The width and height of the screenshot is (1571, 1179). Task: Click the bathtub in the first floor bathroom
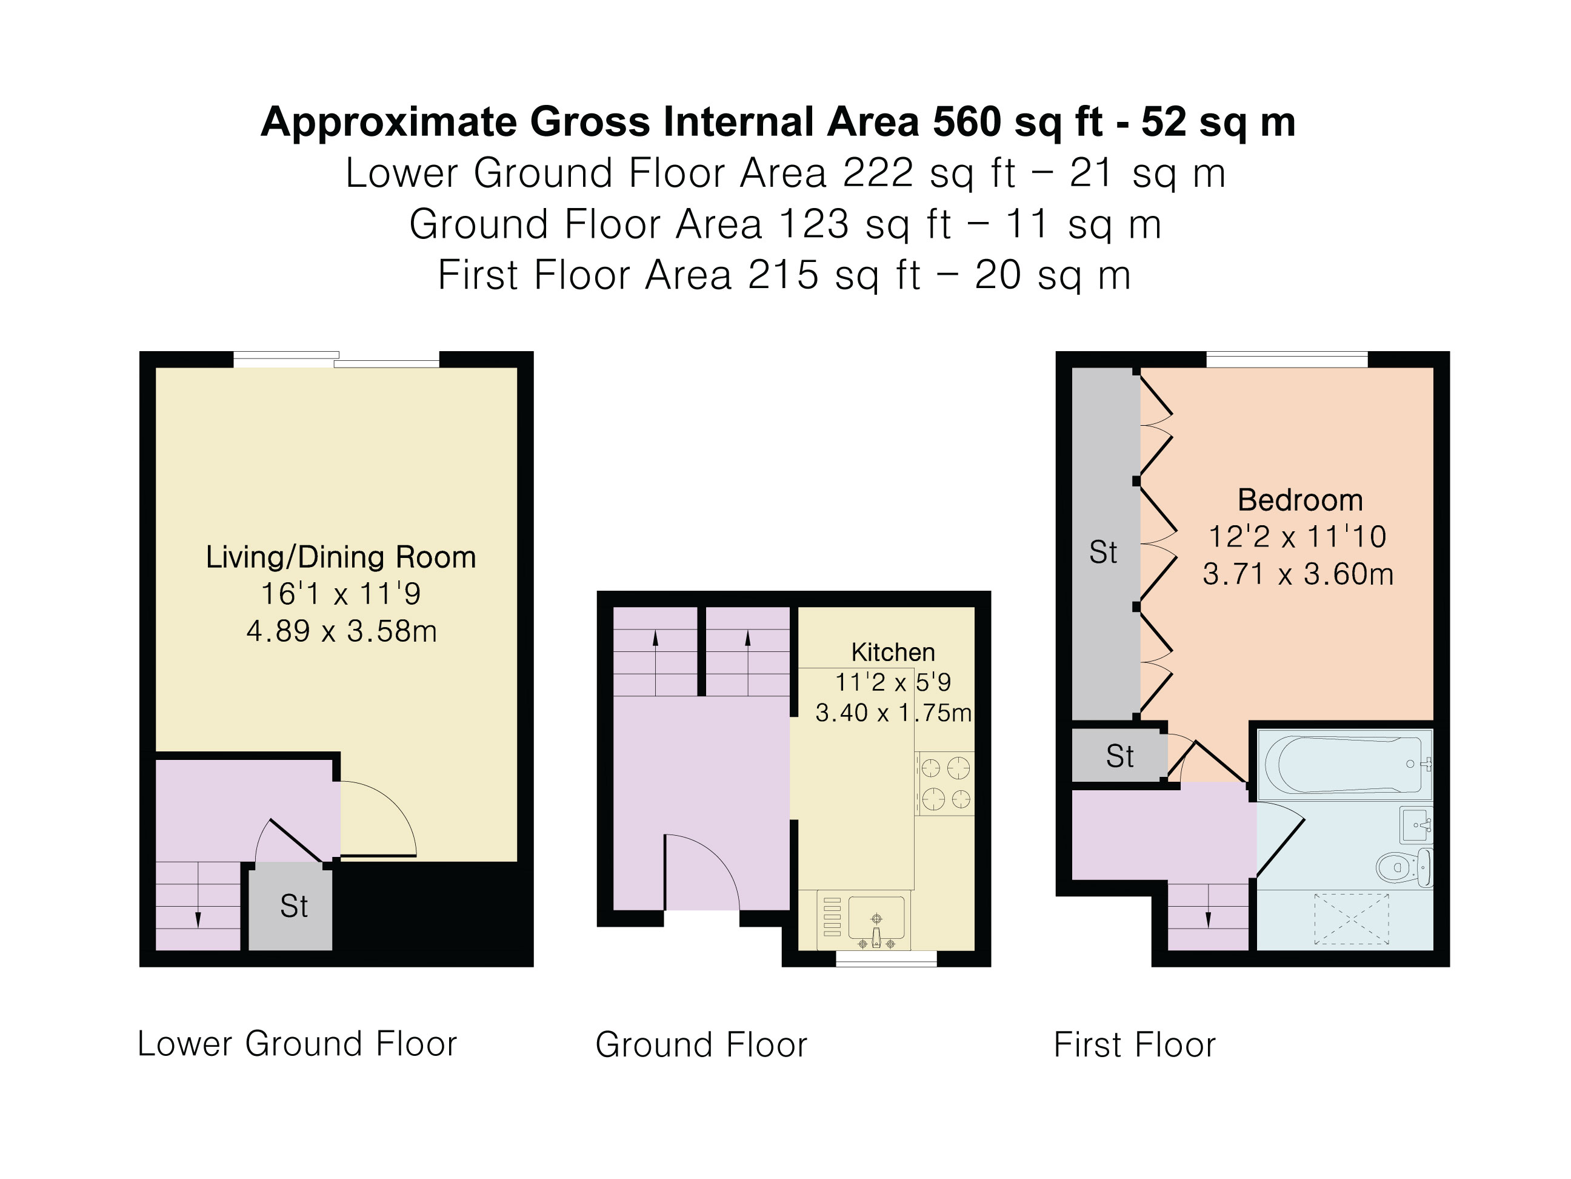click(1344, 764)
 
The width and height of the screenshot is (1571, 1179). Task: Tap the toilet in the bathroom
click(1402, 867)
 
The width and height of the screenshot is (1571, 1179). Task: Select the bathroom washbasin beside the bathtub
click(1415, 824)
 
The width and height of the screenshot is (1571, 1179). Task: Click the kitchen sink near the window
click(876, 918)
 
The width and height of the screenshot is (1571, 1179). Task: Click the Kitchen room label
click(893, 652)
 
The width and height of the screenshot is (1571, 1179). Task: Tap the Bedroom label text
click(1299, 500)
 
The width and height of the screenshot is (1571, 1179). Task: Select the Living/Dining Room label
click(341, 557)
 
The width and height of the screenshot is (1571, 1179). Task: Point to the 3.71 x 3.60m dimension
click(1298, 574)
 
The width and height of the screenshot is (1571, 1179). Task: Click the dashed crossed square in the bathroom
click(1351, 919)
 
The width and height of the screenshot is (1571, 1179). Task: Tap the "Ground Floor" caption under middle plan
click(701, 1045)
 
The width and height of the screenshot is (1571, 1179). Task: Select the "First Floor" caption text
click(1134, 1045)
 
